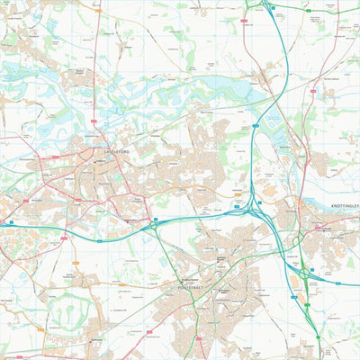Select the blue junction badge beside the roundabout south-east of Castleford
(155, 217)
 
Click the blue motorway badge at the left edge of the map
(10, 221)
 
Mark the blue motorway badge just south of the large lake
(256, 126)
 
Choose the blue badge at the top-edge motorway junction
(272, 7)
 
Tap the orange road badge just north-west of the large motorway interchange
(236, 193)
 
